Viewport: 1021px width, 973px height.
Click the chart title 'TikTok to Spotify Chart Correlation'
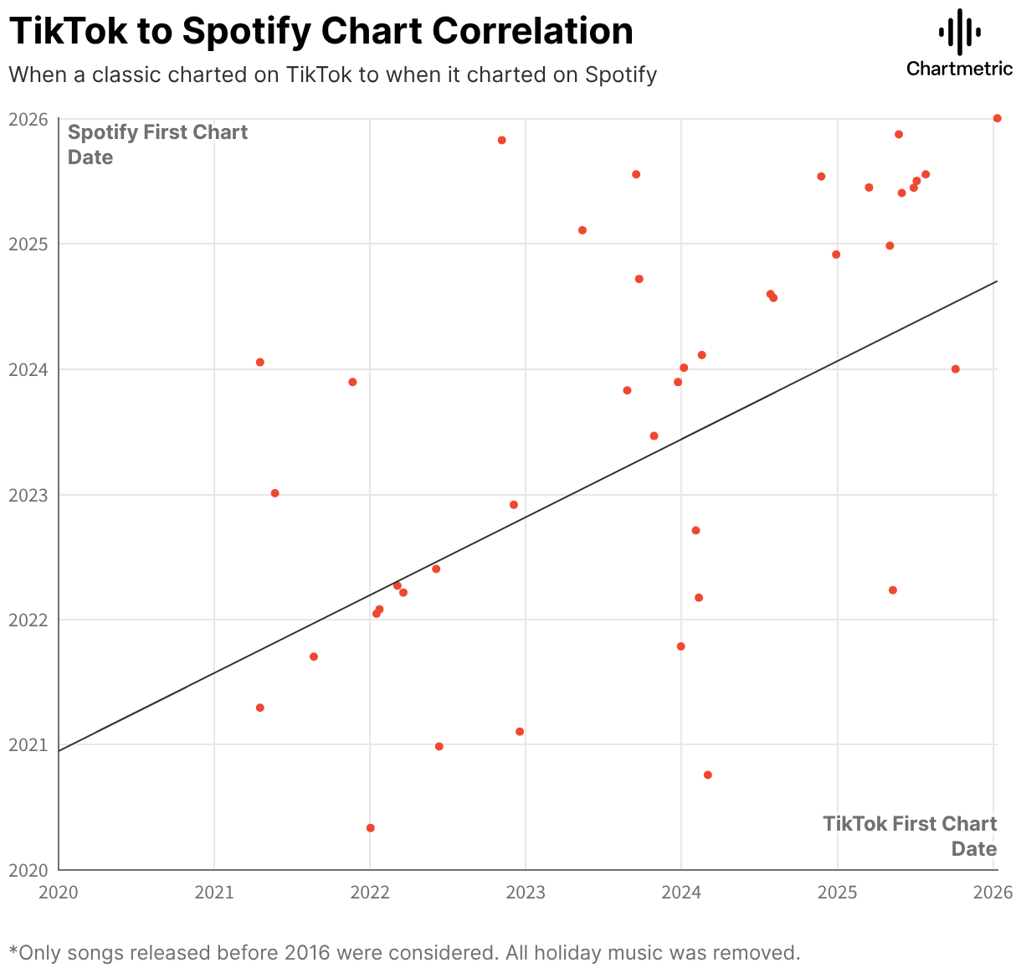(x=321, y=32)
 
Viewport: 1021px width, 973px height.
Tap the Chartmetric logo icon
(x=959, y=32)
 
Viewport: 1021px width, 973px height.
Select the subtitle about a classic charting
(x=332, y=75)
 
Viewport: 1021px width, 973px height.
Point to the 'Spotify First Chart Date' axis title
(x=157, y=144)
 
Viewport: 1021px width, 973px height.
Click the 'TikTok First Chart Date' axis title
(x=910, y=836)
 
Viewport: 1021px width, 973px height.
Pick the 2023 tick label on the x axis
(x=526, y=893)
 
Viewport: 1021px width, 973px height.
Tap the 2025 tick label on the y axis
(x=28, y=245)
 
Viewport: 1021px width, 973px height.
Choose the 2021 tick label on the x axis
(x=214, y=893)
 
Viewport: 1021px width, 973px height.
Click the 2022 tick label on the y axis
(x=28, y=620)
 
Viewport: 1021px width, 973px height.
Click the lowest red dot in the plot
(x=370, y=828)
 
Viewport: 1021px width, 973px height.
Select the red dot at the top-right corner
(x=997, y=118)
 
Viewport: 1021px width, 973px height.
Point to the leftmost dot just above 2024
(x=259, y=363)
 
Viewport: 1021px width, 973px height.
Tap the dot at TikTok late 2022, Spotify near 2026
(x=501, y=140)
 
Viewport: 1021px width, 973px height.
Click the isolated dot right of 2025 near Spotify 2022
(x=892, y=590)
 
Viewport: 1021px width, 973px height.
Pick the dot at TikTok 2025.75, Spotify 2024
(x=955, y=369)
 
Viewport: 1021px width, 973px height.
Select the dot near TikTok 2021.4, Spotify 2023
(x=274, y=493)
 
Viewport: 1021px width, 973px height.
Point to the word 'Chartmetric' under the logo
(x=959, y=68)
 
